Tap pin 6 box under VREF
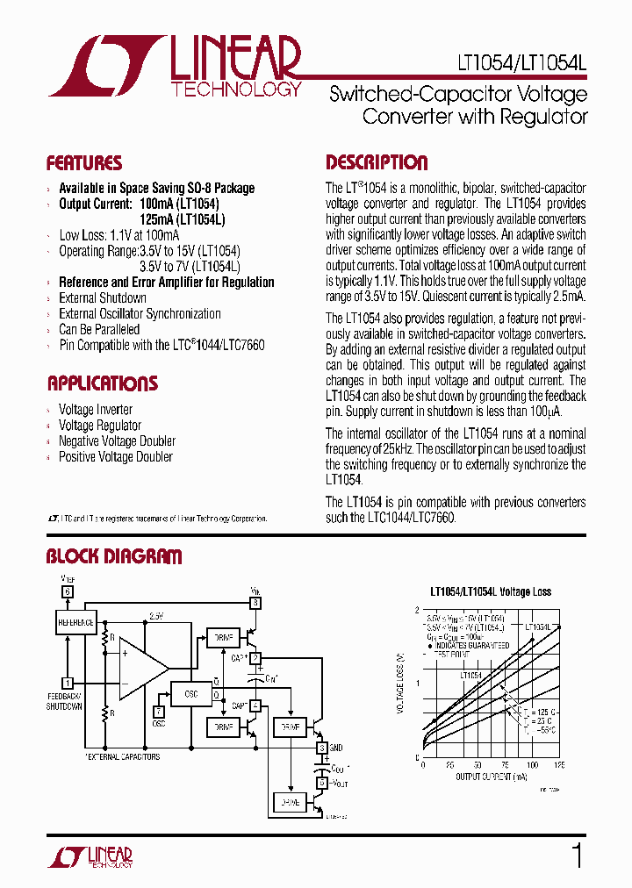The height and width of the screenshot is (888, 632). tap(67, 591)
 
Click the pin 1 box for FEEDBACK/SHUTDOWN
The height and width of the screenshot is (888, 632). tap(67, 682)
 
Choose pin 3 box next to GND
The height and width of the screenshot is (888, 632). tap(322, 748)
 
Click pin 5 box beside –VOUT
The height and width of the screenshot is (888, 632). tap(322, 782)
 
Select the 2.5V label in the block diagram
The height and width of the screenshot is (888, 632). tap(157, 616)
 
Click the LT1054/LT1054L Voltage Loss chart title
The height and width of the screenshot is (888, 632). tap(491, 591)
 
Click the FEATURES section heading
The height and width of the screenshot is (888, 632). tap(84, 163)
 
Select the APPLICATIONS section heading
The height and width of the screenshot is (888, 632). tap(102, 383)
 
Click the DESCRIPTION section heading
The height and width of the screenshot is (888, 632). tap(377, 162)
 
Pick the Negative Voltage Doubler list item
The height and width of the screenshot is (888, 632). tap(117, 441)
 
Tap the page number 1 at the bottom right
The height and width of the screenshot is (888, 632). tap(577, 856)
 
